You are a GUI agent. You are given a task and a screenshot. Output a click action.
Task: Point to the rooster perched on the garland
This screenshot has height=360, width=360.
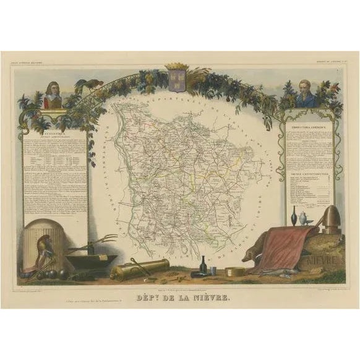85,87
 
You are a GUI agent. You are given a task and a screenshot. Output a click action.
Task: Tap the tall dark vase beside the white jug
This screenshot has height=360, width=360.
294,216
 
